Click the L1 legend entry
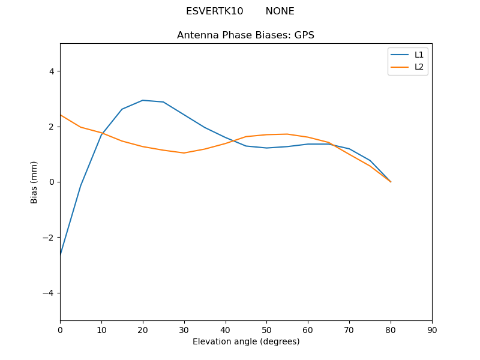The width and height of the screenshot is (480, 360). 419,55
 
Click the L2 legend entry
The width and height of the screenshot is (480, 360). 419,67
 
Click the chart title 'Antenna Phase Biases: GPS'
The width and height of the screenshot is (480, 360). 245,35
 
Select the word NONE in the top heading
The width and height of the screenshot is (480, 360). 280,11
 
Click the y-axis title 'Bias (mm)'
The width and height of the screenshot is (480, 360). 34,182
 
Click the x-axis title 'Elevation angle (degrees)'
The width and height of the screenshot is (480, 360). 245,342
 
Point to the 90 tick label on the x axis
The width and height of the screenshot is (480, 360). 431,330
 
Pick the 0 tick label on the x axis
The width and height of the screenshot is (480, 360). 60,330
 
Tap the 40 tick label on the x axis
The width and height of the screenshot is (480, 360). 225,330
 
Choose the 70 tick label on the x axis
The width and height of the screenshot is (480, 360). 349,330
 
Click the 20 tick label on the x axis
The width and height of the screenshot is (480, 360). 143,330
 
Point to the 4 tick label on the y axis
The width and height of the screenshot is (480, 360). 51,71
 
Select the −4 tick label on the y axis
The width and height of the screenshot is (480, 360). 49,293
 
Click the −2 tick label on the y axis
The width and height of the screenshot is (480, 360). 49,238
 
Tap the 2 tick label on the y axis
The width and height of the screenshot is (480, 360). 51,127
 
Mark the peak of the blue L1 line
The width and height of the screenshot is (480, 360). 143,100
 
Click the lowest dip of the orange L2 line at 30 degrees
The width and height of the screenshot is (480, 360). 184,153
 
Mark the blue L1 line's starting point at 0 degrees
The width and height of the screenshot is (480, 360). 61,256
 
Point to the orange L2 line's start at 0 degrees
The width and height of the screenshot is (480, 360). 61,115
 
